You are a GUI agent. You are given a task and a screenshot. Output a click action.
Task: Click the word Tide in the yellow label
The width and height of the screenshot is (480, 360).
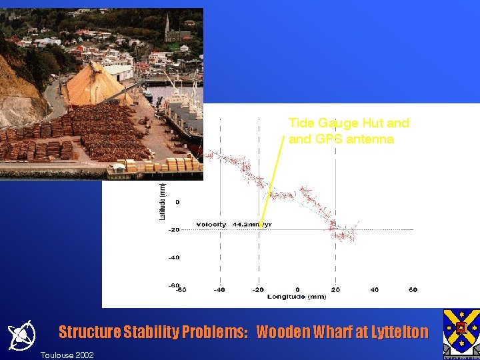[x=301, y=123]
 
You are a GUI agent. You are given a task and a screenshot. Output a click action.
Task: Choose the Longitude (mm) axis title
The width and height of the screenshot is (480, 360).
[x=297, y=297]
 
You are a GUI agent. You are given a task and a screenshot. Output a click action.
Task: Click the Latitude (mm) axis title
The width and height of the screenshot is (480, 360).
[x=162, y=201]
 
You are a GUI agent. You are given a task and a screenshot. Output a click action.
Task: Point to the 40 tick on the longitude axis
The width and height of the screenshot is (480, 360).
[x=375, y=289]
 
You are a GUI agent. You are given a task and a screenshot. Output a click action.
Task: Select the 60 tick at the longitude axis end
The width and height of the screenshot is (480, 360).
[x=413, y=289]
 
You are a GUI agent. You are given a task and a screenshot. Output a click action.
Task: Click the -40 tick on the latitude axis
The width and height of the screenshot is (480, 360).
[x=173, y=257]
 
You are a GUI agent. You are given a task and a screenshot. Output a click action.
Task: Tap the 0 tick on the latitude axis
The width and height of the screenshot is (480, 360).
[x=177, y=201]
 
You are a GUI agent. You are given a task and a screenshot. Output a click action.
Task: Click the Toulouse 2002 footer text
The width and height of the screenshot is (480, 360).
[x=67, y=355]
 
